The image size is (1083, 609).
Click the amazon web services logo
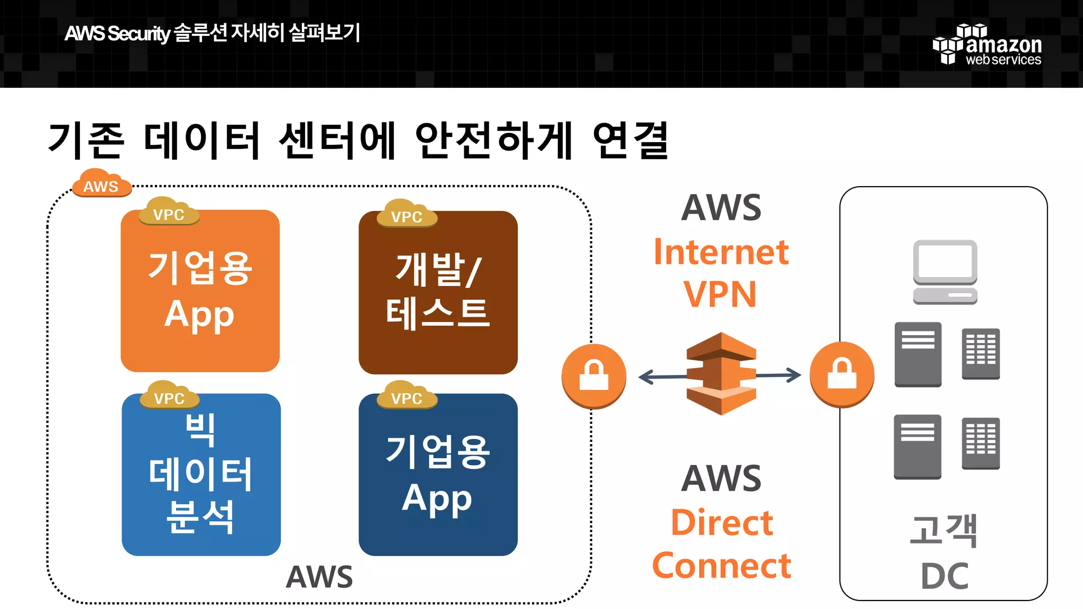point(987,45)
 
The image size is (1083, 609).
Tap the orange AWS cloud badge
point(101,184)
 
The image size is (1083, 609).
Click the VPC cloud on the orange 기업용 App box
point(169,212)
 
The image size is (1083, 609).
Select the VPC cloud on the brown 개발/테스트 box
point(407,214)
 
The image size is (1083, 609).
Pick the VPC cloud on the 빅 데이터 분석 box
point(169,396)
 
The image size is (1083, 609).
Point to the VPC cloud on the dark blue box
point(407,396)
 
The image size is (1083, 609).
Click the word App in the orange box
point(199,315)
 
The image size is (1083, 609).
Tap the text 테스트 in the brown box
point(438,313)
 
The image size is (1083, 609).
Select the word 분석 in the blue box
point(200,516)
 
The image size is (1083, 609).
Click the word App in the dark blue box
point(437,499)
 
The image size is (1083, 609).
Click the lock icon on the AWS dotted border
point(594,376)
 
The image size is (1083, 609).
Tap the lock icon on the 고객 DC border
point(842,374)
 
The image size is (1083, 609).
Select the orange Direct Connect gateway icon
point(721,374)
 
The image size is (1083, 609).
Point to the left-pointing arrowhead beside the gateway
point(646,377)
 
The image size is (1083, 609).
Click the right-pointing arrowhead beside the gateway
point(794,375)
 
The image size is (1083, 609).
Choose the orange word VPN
point(720,294)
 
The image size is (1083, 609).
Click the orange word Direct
point(722,523)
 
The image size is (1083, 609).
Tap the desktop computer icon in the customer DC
point(945,272)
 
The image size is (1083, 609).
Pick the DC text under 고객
point(944,576)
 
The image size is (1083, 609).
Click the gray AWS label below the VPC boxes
point(319,577)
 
